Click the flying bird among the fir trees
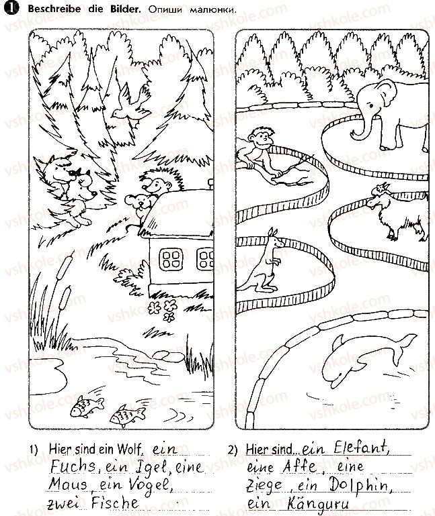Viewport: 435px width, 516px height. (130, 103)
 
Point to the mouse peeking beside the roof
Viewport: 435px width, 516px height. (139, 204)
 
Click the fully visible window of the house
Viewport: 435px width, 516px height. (171, 259)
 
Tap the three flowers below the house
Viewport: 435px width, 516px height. (163, 310)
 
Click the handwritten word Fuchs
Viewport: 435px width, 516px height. (73, 466)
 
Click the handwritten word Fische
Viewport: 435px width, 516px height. (115, 503)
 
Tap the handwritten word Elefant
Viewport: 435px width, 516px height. (361, 448)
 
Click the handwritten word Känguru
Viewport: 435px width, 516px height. (317, 504)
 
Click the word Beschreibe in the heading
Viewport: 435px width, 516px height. (54, 9)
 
